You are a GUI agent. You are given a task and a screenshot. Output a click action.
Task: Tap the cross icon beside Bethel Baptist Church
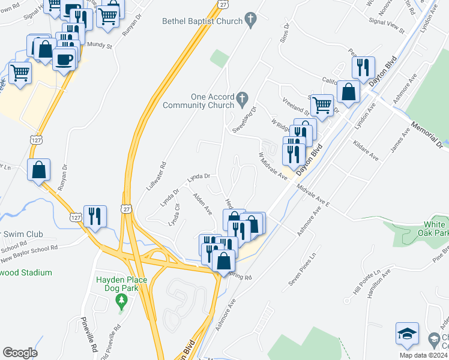[253, 21]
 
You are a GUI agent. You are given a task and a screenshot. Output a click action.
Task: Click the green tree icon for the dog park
[122, 299]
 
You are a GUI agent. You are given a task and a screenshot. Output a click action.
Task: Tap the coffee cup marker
[63, 59]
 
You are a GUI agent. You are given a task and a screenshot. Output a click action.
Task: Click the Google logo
[20, 353]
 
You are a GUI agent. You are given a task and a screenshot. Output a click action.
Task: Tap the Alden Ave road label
[202, 203]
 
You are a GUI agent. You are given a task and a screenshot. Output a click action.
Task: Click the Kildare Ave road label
[366, 151]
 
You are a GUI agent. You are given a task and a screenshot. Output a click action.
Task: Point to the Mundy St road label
[100, 44]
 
